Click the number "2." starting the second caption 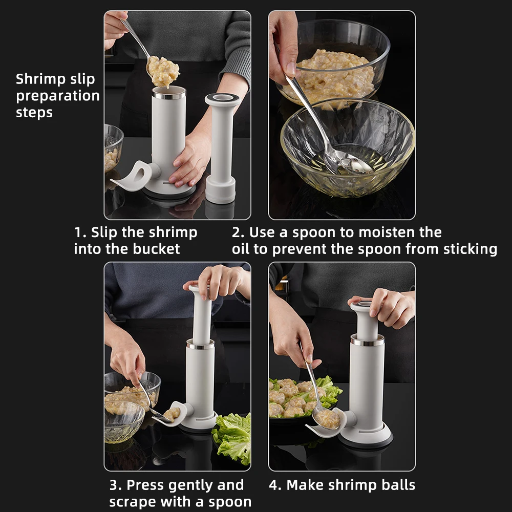click(x=238, y=232)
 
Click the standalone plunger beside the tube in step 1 click(x=222, y=148)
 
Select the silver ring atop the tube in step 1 click(x=169, y=95)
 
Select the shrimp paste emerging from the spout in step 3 click(x=172, y=414)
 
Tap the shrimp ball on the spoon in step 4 click(x=328, y=419)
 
